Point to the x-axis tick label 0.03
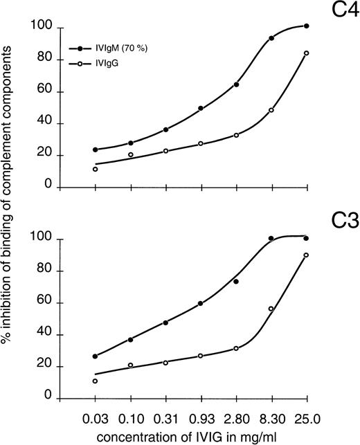96,418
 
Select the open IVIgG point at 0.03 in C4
96,169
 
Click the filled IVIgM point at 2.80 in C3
236,282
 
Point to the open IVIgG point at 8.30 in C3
271,309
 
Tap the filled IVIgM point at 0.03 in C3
96,356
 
